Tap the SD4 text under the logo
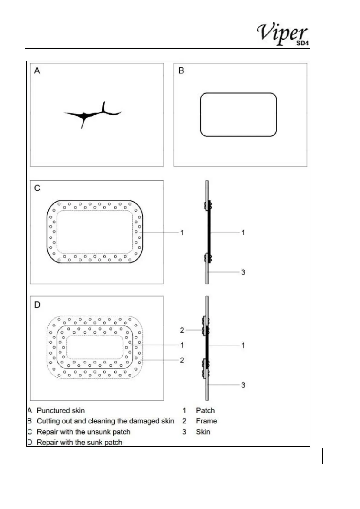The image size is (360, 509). click(x=302, y=43)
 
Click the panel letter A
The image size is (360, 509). click(x=37, y=71)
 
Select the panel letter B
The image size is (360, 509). click(x=181, y=71)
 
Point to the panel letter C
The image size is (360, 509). click(x=37, y=188)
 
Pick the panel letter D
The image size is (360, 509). click(x=37, y=305)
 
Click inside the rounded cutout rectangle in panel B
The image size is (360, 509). click(x=238, y=115)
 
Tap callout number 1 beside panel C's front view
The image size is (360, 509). click(x=182, y=233)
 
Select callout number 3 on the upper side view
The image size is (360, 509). click(x=243, y=272)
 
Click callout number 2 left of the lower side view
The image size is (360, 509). click(x=182, y=330)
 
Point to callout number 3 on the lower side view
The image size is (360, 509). click(x=243, y=385)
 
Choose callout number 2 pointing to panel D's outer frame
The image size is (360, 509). click(x=182, y=360)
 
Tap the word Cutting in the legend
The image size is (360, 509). click(x=48, y=421)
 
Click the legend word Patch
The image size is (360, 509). click(x=205, y=410)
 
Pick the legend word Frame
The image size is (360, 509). click(x=206, y=421)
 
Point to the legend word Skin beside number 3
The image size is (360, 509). click(x=203, y=432)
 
